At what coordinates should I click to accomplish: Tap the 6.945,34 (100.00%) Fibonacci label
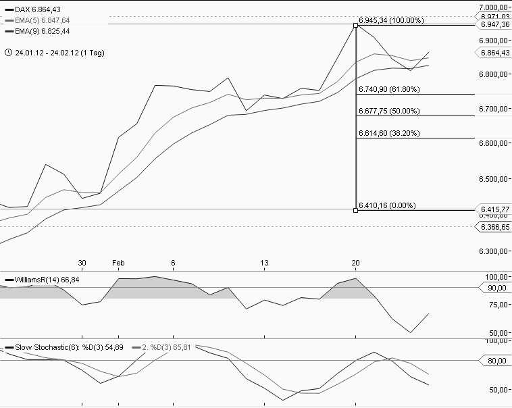tap(391, 20)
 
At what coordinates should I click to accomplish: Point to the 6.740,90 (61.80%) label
tap(389, 89)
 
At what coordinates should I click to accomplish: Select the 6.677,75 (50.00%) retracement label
tap(389, 111)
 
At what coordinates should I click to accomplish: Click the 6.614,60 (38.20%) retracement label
tap(389, 134)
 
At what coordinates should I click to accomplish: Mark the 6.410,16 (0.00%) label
tap(387, 205)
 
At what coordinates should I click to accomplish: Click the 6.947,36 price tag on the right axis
tap(494, 25)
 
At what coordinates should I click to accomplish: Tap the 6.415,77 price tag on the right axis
tap(494, 210)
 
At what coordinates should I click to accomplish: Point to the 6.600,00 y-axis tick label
tap(494, 143)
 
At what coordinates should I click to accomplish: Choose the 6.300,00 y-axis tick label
tap(494, 251)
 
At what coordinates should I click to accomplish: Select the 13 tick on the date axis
tap(265, 263)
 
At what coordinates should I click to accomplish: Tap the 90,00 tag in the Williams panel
tap(496, 288)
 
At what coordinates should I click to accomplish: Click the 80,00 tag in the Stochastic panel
tap(496, 361)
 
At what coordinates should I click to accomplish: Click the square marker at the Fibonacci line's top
tap(356, 25)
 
